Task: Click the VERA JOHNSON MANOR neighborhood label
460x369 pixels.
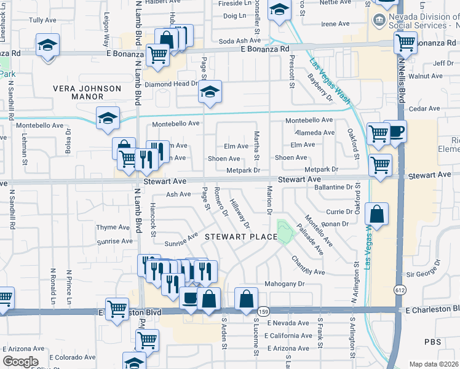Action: [87, 92]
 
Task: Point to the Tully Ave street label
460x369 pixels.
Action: [42, 20]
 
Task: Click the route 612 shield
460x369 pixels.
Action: [400, 290]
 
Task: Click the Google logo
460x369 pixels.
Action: [20, 361]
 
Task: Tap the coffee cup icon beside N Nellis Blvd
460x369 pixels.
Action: [395, 131]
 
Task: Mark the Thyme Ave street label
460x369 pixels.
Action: [113, 228]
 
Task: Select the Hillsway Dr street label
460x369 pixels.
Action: [240, 213]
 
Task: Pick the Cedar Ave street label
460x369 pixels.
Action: [425, 109]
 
